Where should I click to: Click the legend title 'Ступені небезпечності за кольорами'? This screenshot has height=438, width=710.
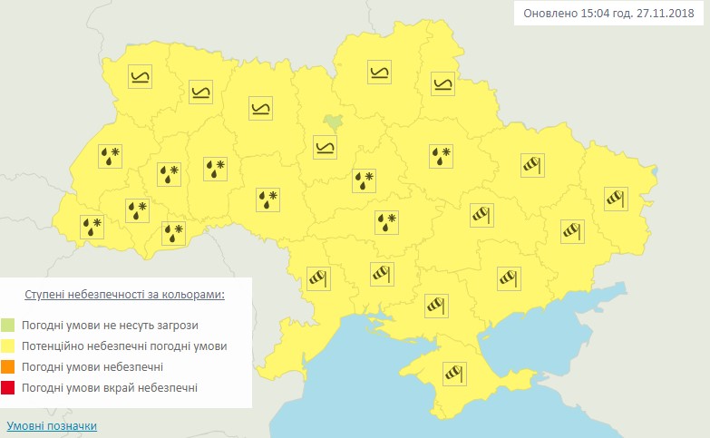124,296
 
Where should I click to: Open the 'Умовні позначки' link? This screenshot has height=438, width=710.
51,426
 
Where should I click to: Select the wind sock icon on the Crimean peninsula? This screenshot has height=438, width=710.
452,373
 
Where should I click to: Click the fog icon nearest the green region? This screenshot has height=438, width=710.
325,146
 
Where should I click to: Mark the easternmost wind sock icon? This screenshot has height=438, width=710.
616,196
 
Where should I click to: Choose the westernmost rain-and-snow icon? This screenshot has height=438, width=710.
92,225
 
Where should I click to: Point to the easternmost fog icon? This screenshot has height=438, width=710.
442,84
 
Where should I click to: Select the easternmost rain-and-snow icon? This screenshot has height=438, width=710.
441,155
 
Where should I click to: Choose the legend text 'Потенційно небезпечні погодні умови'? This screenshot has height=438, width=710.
126,346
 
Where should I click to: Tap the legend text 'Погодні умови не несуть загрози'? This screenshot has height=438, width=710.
111,325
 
